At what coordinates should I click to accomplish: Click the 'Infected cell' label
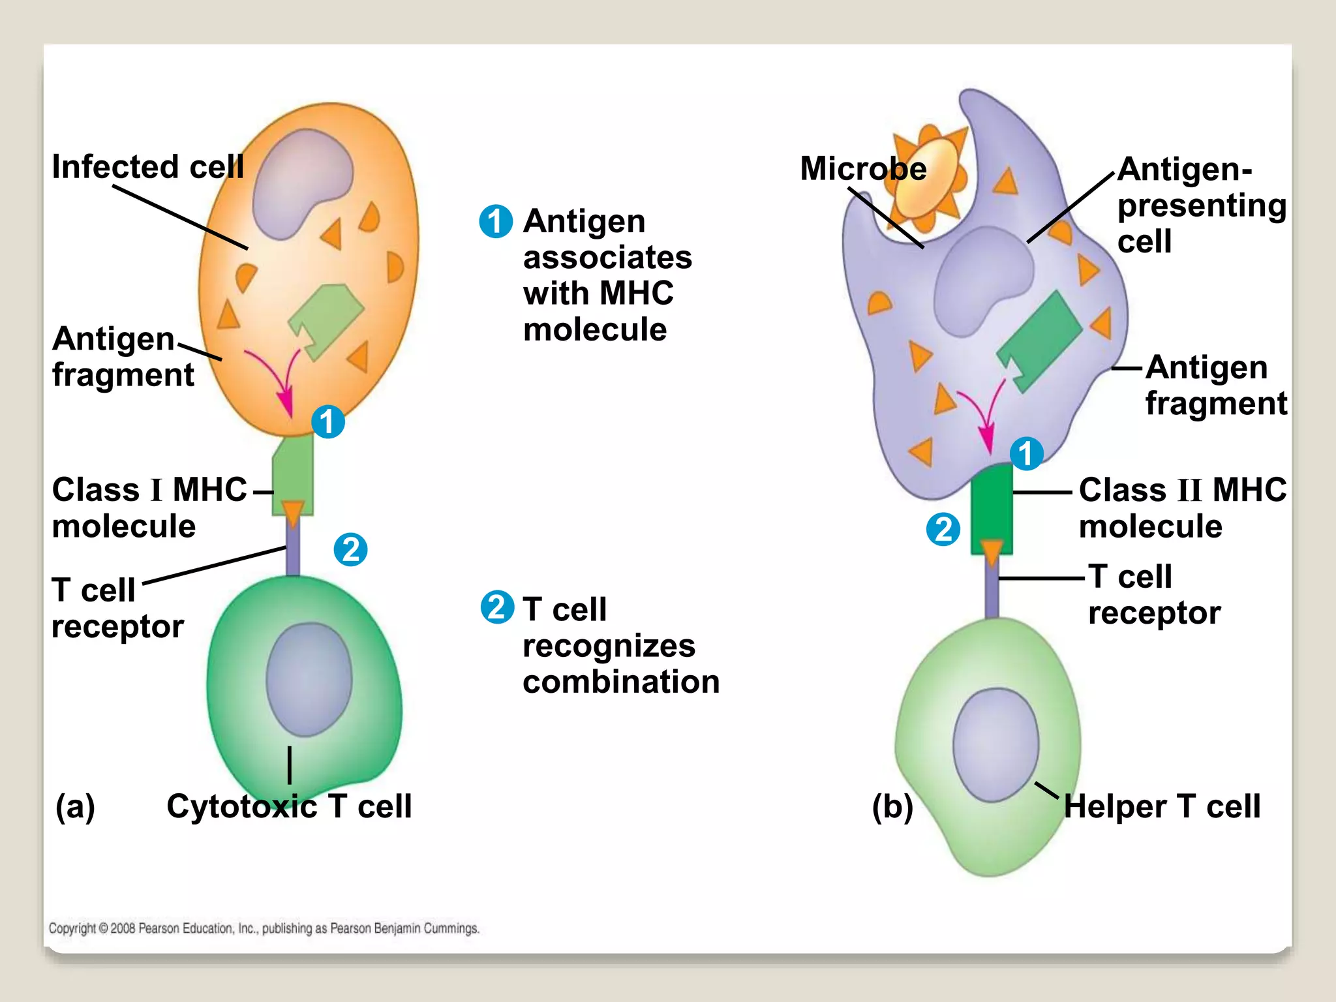[x=147, y=167]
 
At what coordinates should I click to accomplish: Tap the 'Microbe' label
[x=862, y=169]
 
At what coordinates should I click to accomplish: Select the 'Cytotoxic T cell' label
[x=289, y=806]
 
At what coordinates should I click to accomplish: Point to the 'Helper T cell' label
[x=1161, y=806]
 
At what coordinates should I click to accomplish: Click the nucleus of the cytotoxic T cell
[x=309, y=679]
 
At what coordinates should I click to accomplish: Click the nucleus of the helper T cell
[x=995, y=744]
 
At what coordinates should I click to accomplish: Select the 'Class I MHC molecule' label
[x=149, y=508]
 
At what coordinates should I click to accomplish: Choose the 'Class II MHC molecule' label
[x=1182, y=508]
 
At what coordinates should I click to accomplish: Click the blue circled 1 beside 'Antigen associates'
[x=496, y=221]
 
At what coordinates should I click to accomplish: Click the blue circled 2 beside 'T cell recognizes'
[x=497, y=607]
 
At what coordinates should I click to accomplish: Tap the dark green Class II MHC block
[x=992, y=506]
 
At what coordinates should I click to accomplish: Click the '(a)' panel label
[x=75, y=806]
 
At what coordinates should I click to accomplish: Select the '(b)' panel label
[x=892, y=806]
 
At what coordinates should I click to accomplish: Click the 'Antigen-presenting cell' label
[x=1200, y=205]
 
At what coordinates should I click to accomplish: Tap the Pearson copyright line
[x=264, y=928]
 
